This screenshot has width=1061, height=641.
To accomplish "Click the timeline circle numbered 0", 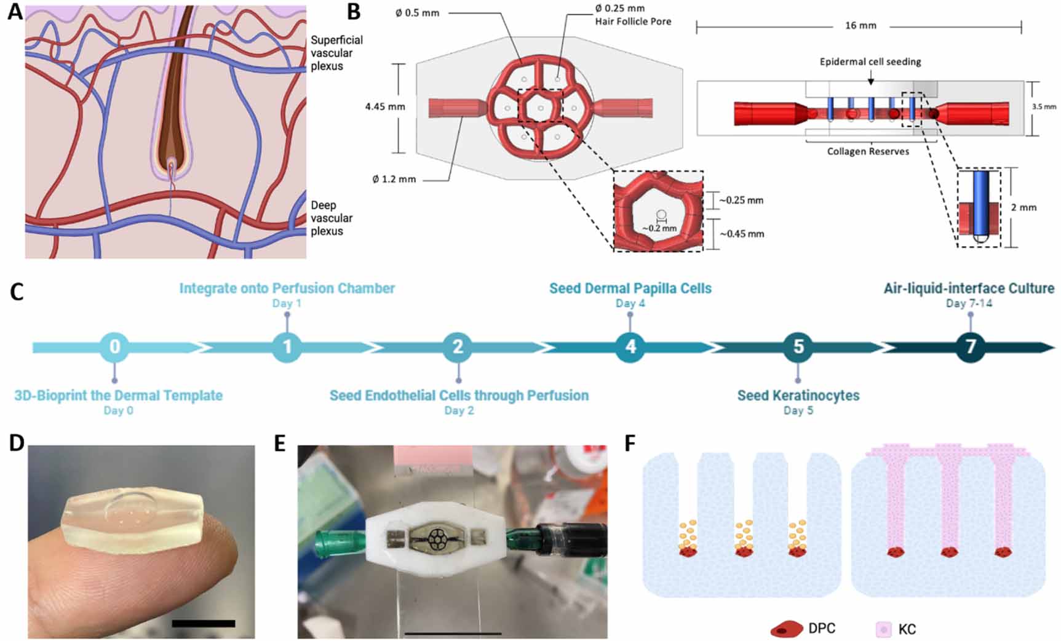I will (x=114, y=347).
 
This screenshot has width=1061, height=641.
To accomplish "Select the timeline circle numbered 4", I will (x=630, y=347).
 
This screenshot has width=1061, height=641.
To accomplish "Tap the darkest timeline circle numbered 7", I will (x=970, y=347).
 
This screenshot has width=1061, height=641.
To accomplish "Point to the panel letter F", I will (x=630, y=443).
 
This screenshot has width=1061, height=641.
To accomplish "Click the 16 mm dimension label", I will (x=860, y=26).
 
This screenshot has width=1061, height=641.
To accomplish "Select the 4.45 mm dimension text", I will (x=385, y=107).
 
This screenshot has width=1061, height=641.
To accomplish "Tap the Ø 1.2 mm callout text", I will (x=394, y=180).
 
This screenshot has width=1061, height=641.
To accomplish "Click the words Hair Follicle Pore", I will (x=633, y=22).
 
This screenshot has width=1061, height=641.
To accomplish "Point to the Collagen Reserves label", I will (x=867, y=151).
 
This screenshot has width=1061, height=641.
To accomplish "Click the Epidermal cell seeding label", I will (x=870, y=62).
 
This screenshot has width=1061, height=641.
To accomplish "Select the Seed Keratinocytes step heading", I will (x=798, y=396).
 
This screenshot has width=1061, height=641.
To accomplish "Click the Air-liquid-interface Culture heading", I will (x=969, y=289).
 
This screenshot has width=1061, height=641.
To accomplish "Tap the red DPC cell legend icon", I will (x=787, y=629).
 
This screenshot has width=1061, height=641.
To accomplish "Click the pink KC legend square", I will (x=883, y=629).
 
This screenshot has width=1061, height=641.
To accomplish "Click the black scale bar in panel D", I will (x=204, y=623).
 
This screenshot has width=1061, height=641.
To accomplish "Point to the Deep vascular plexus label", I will (x=332, y=218).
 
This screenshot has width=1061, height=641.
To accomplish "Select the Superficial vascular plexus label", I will (x=336, y=53).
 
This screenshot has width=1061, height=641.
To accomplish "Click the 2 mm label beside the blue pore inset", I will (x=1023, y=208).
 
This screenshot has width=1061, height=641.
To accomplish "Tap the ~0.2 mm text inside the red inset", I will (x=659, y=228).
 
